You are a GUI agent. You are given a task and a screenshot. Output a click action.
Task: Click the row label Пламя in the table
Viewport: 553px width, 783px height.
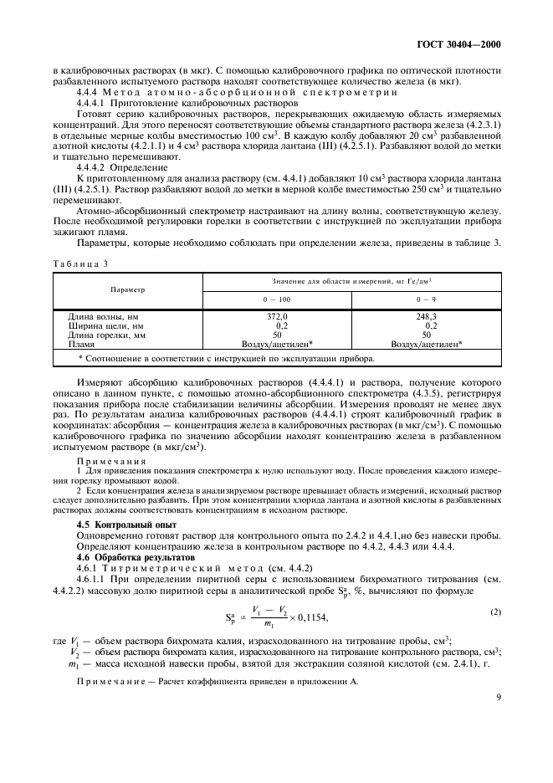(x=81, y=343)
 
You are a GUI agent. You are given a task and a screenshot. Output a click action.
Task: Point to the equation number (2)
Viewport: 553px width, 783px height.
(x=495, y=589)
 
